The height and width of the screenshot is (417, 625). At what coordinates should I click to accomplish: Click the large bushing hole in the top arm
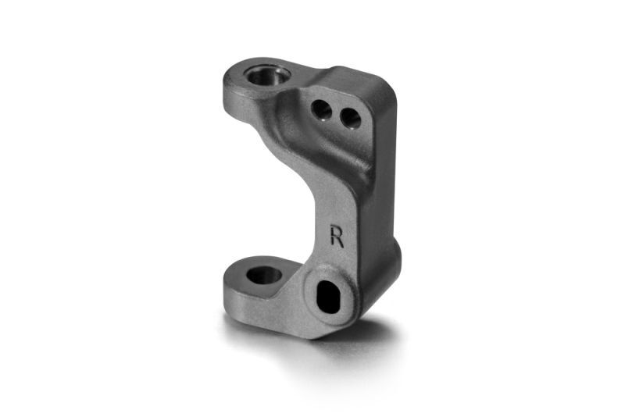coord(266,76)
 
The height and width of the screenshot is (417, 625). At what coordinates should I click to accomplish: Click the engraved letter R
coord(337,236)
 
